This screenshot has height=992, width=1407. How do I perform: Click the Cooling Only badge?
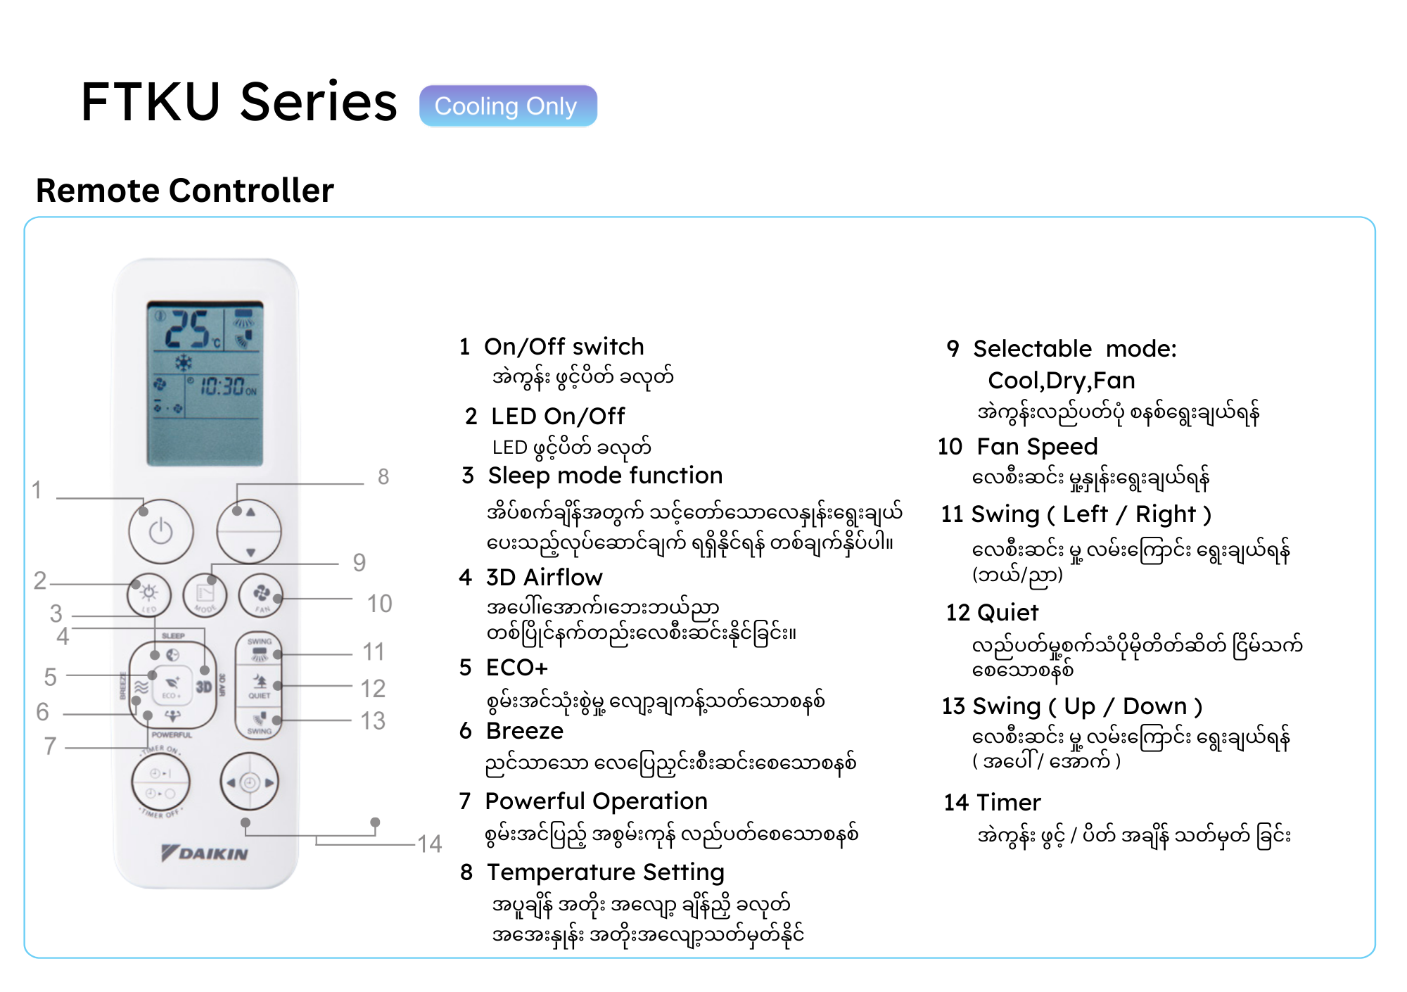(x=508, y=106)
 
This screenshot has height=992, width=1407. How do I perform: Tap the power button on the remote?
(x=161, y=531)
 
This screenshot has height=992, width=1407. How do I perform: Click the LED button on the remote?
(x=149, y=595)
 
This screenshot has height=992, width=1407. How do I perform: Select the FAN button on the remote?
(x=261, y=595)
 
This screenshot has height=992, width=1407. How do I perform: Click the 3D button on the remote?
(x=203, y=687)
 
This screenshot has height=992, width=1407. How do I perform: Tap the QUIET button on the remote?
(x=259, y=685)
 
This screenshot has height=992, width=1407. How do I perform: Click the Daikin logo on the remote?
(x=205, y=853)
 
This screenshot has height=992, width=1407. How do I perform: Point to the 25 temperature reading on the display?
(x=187, y=329)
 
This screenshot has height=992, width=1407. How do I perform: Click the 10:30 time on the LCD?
(x=222, y=386)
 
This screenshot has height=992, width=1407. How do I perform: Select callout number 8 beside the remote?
(x=383, y=477)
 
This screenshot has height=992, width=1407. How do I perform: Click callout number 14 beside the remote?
(x=429, y=844)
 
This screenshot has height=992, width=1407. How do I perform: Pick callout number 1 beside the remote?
(x=37, y=490)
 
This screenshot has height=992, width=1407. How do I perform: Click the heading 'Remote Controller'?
(x=184, y=191)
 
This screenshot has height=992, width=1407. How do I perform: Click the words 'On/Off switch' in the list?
(x=564, y=347)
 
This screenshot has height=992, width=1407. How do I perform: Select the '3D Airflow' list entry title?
(x=544, y=578)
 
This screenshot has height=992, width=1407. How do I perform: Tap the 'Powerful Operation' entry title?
(x=596, y=801)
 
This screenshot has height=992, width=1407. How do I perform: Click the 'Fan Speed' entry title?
(x=1037, y=447)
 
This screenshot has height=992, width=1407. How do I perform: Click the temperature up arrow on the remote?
(x=250, y=513)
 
